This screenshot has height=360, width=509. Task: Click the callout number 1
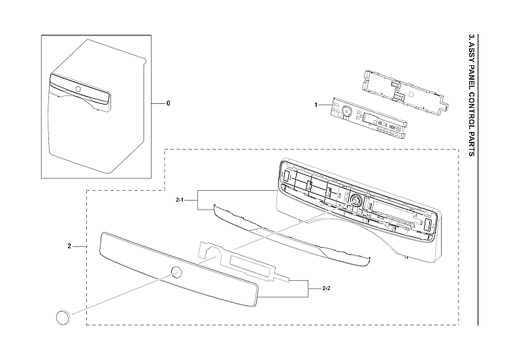click(316, 105)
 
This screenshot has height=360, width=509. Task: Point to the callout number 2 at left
click(69, 246)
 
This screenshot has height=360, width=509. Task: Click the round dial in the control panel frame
click(357, 200)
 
